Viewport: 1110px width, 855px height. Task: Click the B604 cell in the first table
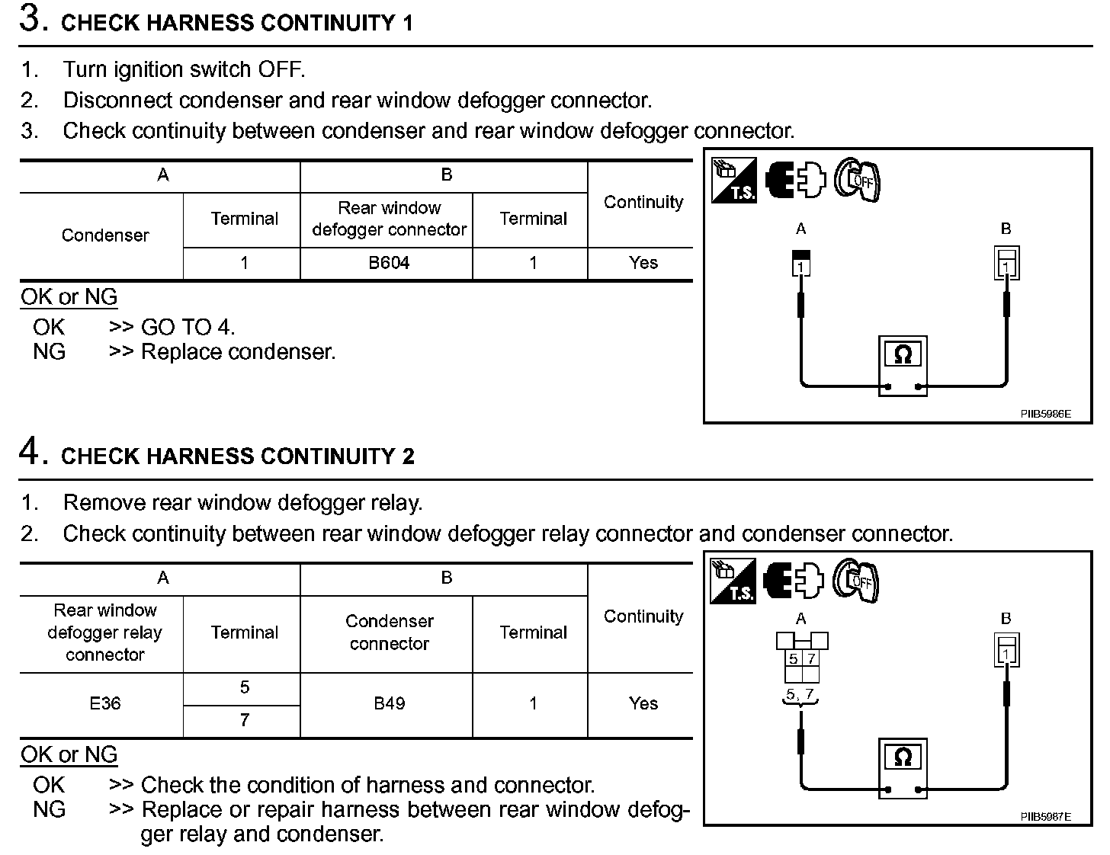(389, 263)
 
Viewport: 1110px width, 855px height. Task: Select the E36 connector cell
(104, 703)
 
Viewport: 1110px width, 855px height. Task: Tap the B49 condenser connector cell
(389, 703)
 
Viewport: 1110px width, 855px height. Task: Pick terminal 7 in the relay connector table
(244, 720)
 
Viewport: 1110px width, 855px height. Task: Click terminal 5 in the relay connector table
(244, 687)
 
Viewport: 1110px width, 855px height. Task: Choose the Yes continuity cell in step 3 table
(643, 263)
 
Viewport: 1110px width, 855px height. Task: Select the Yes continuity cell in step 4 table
(643, 703)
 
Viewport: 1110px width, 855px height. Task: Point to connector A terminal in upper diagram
(801, 263)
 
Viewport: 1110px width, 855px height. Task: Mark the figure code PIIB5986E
(1045, 415)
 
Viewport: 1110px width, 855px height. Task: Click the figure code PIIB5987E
(1045, 817)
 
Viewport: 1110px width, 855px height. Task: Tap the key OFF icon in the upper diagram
(857, 180)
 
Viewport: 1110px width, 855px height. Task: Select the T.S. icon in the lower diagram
(733, 581)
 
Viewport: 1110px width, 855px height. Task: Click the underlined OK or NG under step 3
(69, 297)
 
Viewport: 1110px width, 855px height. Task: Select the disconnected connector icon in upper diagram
(795, 181)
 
